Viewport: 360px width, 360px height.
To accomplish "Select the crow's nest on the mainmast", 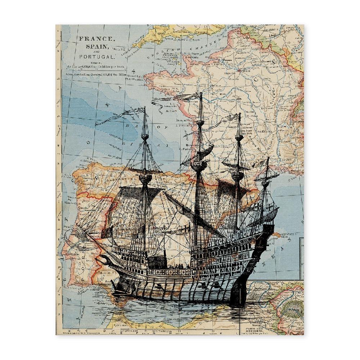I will tap(199, 165).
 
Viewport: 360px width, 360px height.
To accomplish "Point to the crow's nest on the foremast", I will tap(145, 177).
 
